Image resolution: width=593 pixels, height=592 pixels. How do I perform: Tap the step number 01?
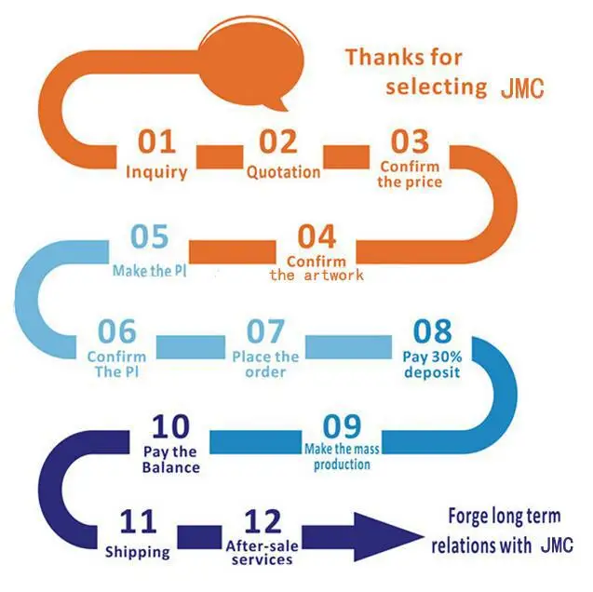click(157, 141)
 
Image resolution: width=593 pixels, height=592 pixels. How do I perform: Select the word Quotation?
click(283, 172)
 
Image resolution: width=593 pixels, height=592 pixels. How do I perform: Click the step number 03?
click(410, 141)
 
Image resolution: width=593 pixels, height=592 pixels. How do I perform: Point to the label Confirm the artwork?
click(317, 268)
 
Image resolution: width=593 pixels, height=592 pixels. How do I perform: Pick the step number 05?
click(149, 236)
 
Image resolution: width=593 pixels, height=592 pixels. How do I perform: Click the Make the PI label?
click(150, 271)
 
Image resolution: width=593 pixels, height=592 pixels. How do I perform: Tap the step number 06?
click(117, 331)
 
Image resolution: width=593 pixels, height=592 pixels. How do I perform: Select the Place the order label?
click(265, 364)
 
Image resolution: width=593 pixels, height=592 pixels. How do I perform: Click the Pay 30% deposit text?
click(432, 364)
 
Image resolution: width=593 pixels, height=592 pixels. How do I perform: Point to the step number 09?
click(343, 426)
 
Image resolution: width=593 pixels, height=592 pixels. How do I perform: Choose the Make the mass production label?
click(342, 457)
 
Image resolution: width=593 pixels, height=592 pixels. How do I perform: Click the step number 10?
click(170, 426)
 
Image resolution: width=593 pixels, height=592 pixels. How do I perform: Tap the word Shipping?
click(138, 552)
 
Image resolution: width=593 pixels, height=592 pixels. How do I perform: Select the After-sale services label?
click(263, 552)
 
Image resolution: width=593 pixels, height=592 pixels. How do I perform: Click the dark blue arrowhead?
click(387, 537)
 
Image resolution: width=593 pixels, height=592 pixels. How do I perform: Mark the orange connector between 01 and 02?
click(220, 157)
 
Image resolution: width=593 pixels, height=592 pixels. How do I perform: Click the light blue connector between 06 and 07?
click(191, 347)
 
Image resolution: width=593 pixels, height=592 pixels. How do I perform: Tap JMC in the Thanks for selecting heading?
click(522, 88)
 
